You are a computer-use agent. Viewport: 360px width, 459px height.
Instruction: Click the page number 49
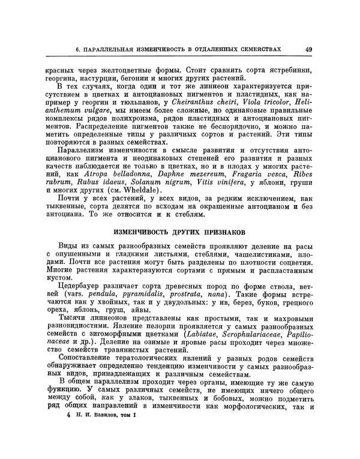tap(308, 49)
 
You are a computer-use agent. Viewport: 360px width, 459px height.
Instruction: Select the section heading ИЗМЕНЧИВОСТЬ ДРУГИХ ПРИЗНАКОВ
tap(178, 232)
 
